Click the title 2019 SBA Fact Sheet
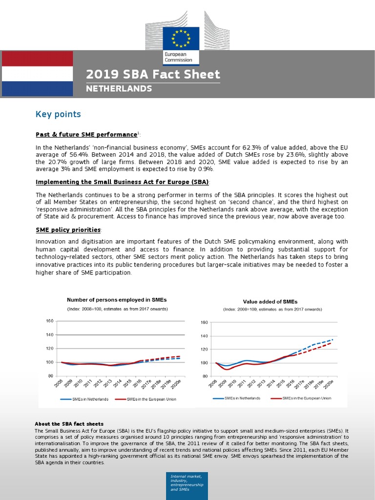point(153,75)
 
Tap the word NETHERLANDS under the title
point(119,89)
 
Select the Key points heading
point(58,114)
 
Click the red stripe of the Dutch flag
point(37,58)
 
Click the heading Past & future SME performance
point(86,134)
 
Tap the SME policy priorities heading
point(68,229)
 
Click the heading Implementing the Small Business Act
point(122,182)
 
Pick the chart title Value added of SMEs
point(270,302)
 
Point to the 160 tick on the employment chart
point(49,321)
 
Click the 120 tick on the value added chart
point(204,350)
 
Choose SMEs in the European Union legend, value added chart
point(300,398)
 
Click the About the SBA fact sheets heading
point(69,424)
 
